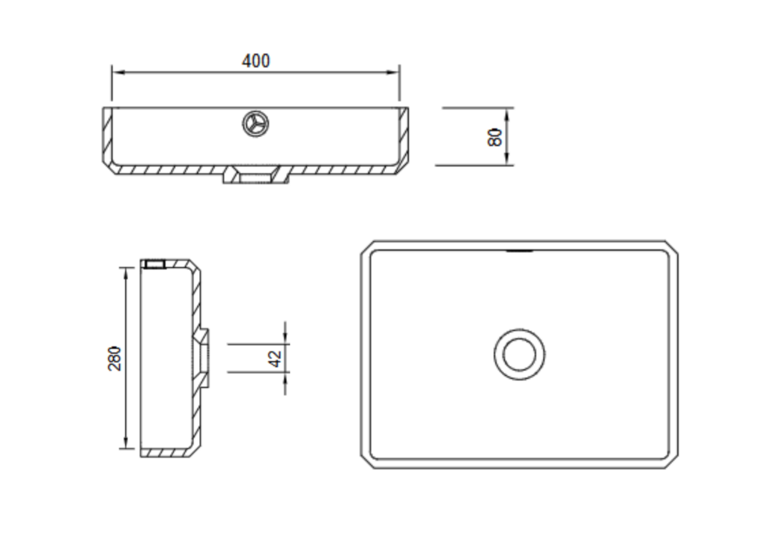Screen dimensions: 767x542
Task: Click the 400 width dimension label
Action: [256, 61]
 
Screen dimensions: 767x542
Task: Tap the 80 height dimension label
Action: [494, 137]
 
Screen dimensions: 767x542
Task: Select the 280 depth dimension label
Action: [115, 359]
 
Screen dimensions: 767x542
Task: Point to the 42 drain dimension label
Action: [276, 359]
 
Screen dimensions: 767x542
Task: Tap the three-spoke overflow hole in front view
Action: [256, 124]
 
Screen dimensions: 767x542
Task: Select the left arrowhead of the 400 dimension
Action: [118, 73]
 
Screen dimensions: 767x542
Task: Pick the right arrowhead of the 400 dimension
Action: [393, 73]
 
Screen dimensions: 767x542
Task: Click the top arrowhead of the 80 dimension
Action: [507, 113]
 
